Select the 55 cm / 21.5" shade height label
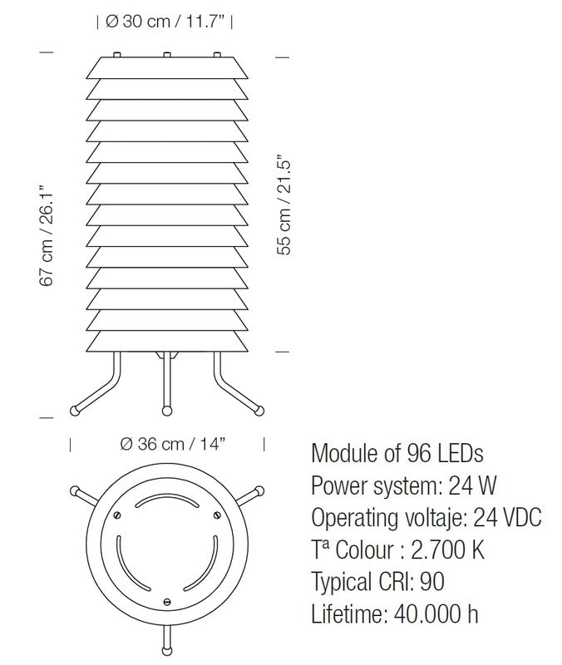(x=285, y=203)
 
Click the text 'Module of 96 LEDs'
(x=397, y=454)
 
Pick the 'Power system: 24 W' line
(x=404, y=485)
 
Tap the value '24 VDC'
(x=507, y=518)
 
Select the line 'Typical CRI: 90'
(x=387, y=581)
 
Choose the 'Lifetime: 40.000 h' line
(x=395, y=613)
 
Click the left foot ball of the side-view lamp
(x=74, y=410)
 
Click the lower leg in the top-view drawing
(x=168, y=638)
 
